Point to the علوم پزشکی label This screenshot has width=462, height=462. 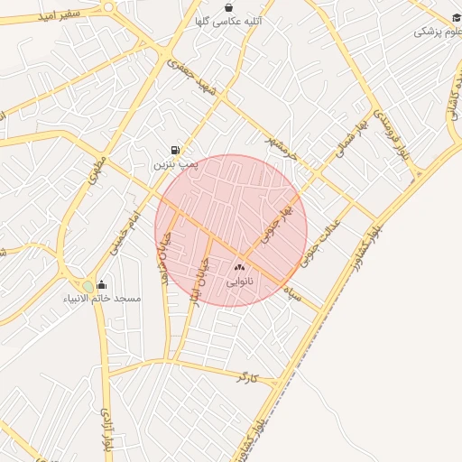point(435,32)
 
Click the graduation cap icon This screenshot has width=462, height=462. point(456,18)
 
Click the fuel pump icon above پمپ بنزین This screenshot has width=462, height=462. point(173,150)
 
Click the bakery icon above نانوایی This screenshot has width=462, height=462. point(239,268)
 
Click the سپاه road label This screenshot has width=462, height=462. point(291,292)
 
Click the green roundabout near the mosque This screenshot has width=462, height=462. point(88,287)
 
